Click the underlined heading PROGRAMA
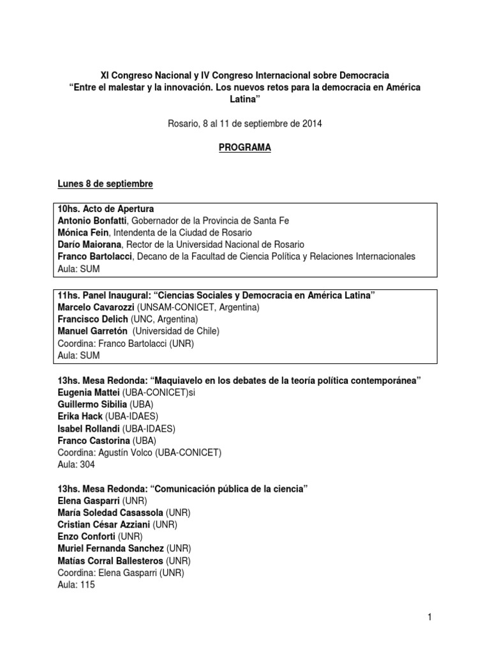point(246,148)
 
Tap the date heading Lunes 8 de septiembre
point(105,184)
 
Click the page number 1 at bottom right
point(431,617)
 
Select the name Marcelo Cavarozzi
point(93,307)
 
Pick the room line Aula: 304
point(76,465)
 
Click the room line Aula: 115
point(76,585)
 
